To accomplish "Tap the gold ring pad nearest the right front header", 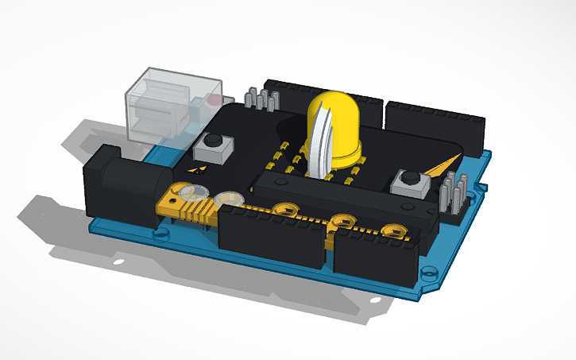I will tap(389, 230).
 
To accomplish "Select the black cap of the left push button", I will tap(212, 143).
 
